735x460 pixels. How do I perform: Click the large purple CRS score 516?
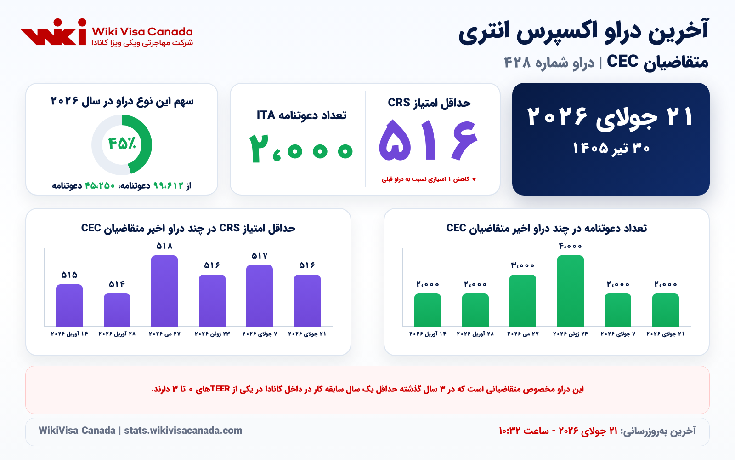[428, 140]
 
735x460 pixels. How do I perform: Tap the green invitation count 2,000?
[300, 149]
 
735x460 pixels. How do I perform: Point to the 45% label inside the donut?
[122, 144]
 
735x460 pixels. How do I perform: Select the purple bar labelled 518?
[164, 291]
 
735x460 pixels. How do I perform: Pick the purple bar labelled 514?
[117, 310]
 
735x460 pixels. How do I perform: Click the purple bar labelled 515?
[69, 305]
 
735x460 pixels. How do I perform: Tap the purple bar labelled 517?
[260, 296]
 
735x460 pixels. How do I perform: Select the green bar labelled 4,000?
[570, 291]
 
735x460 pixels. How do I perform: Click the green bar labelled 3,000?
[523, 300]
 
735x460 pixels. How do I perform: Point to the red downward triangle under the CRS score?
[474, 179]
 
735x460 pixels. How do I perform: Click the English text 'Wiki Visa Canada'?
[142, 32]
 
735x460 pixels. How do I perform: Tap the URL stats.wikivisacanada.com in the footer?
[183, 431]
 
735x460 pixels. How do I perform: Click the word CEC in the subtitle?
[622, 61]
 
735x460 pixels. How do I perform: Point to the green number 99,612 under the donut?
[168, 186]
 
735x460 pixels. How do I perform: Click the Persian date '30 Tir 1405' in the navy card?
[611, 148]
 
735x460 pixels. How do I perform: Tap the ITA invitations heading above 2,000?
[301, 115]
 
